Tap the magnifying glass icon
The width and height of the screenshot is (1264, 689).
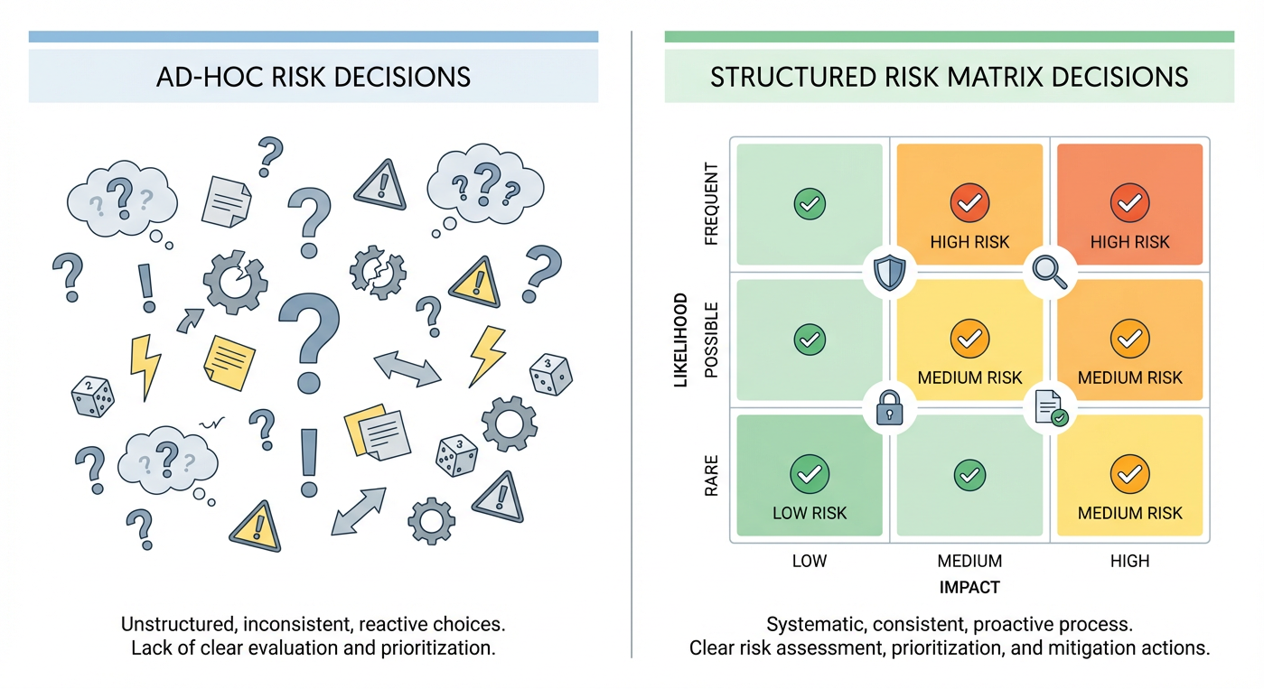click(1050, 271)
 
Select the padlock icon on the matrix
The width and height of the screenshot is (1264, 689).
click(889, 409)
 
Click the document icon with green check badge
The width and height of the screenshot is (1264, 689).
click(1050, 409)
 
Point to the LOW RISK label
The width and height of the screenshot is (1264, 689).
click(810, 513)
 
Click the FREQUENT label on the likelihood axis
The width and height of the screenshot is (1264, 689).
click(711, 204)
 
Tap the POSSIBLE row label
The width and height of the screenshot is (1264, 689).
click(711, 340)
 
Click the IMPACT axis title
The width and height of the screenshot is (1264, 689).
click(969, 588)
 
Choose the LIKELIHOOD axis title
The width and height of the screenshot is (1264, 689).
click(681, 340)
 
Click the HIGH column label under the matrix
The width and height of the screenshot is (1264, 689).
click(1129, 561)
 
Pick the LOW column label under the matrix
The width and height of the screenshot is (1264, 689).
click(810, 561)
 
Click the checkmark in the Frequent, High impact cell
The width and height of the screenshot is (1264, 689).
click(1129, 204)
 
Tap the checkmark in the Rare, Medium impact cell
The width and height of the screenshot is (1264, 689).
click(969, 473)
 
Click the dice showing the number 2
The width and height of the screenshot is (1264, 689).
click(93, 396)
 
